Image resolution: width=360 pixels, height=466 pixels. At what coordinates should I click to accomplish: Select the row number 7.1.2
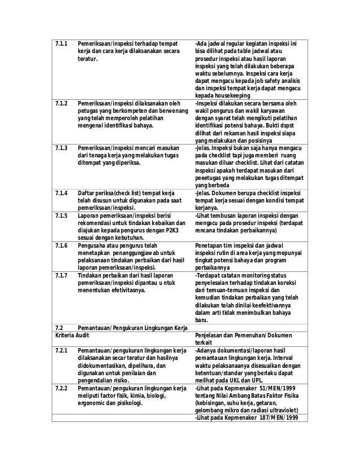(x=61, y=103)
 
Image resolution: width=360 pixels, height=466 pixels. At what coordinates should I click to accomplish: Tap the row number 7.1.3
(x=61, y=147)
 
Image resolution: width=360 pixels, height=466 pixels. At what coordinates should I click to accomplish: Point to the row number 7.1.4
(x=61, y=194)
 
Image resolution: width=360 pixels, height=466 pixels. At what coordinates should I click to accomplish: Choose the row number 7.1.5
(x=61, y=216)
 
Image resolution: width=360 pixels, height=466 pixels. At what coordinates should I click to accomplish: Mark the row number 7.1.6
(x=61, y=246)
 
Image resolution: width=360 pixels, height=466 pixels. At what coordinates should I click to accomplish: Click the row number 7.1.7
(x=61, y=275)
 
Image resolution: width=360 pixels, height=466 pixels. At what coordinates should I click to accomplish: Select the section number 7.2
(x=59, y=327)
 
